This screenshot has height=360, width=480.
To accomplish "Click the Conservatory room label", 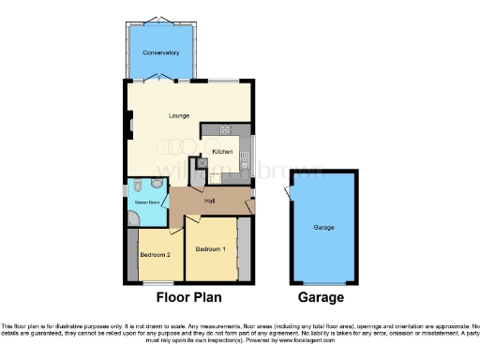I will coord(160,52).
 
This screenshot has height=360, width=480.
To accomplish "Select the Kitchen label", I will coord(222,151).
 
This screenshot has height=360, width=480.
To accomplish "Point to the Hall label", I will coord(212,200).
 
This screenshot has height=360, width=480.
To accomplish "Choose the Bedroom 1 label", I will coord(211,249).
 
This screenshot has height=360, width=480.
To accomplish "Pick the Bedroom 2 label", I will coord(155,255).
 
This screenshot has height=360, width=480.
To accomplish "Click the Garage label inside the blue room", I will coord(323,228).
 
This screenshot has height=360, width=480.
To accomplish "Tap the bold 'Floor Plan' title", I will coord(187,297).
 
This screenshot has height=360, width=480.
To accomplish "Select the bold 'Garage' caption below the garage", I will coord(321,297).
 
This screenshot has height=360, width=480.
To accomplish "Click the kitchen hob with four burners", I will coord(226,128).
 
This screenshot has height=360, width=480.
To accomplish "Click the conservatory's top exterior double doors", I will coord(160,20).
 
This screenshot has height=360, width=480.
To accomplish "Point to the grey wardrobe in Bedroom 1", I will coord(244,247).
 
